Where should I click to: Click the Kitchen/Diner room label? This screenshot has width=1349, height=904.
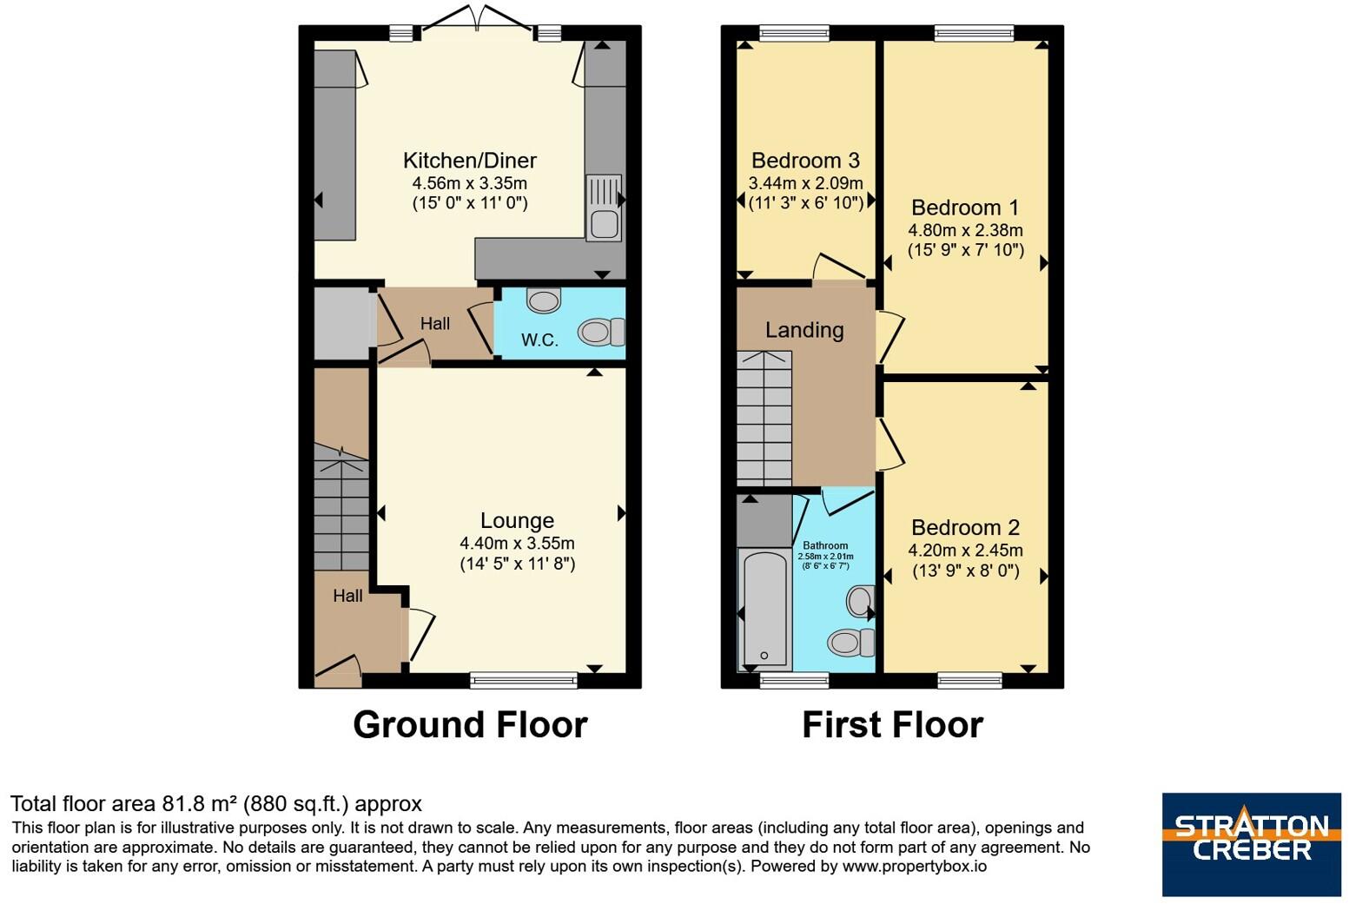point(470,161)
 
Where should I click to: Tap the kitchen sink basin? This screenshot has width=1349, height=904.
point(604,225)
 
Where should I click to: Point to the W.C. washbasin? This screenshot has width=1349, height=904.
point(544,300)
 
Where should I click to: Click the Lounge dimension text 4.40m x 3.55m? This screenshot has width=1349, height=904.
point(518,544)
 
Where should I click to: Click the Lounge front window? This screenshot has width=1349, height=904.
point(523,680)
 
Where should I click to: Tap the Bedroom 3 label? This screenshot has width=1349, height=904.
point(806,161)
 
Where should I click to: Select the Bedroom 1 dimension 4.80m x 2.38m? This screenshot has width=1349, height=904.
point(965,230)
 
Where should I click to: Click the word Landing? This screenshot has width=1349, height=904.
point(804,330)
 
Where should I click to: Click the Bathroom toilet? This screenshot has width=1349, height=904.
point(851,642)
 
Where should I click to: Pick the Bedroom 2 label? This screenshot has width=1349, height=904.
point(965,528)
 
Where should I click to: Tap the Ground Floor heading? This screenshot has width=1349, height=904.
point(470,724)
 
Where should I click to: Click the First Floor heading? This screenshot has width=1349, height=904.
point(892,724)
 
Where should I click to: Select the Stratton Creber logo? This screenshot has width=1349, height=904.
point(1252,844)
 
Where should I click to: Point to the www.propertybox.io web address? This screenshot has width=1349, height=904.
point(914,867)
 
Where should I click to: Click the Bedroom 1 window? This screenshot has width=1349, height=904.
point(974,33)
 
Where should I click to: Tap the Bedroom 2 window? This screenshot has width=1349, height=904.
point(969,680)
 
